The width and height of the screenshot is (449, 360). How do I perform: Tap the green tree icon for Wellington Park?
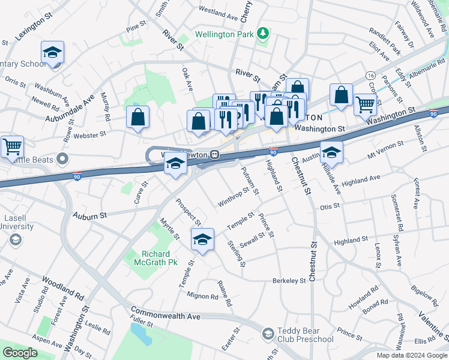point(262,33)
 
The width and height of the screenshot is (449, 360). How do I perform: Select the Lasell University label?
point(17,221)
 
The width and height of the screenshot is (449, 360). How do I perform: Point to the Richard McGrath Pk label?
point(160,258)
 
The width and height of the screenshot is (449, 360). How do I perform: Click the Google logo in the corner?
point(20,353)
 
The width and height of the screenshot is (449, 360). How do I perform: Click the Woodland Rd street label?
point(62,289)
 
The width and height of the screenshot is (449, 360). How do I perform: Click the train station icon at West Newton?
point(213,155)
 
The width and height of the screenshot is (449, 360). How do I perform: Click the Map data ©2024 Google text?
point(411,355)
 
